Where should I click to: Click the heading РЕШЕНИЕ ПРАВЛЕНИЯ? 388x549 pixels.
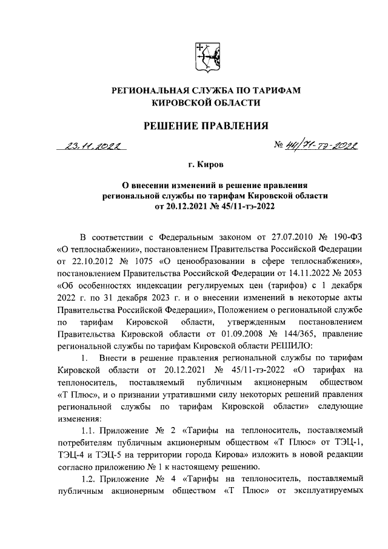205,126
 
